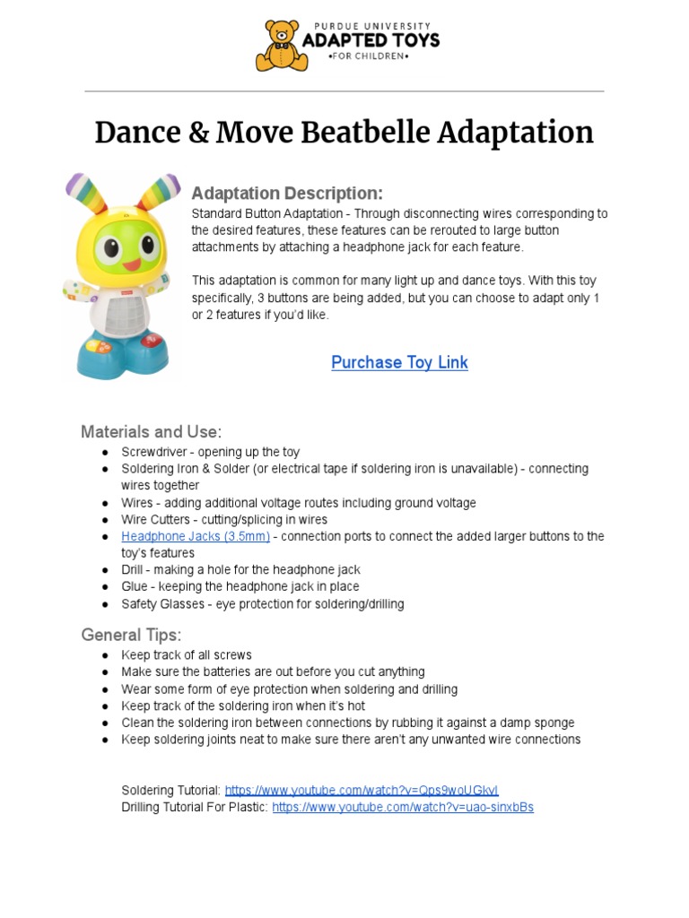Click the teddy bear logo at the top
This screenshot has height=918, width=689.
[282, 46]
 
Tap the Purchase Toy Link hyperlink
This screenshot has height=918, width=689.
[399, 362]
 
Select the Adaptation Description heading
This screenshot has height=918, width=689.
[287, 194]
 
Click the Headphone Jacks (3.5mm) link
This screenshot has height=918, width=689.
[196, 536]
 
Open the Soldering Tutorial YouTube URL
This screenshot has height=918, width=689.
[361, 790]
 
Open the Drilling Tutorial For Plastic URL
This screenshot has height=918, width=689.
[403, 807]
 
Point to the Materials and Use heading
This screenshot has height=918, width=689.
[151, 431]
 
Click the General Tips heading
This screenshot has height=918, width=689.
[131, 635]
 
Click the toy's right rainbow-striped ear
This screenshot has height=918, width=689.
[159, 192]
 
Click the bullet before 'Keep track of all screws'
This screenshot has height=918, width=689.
[105, 655]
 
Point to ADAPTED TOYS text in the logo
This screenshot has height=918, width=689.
[371, 41]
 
